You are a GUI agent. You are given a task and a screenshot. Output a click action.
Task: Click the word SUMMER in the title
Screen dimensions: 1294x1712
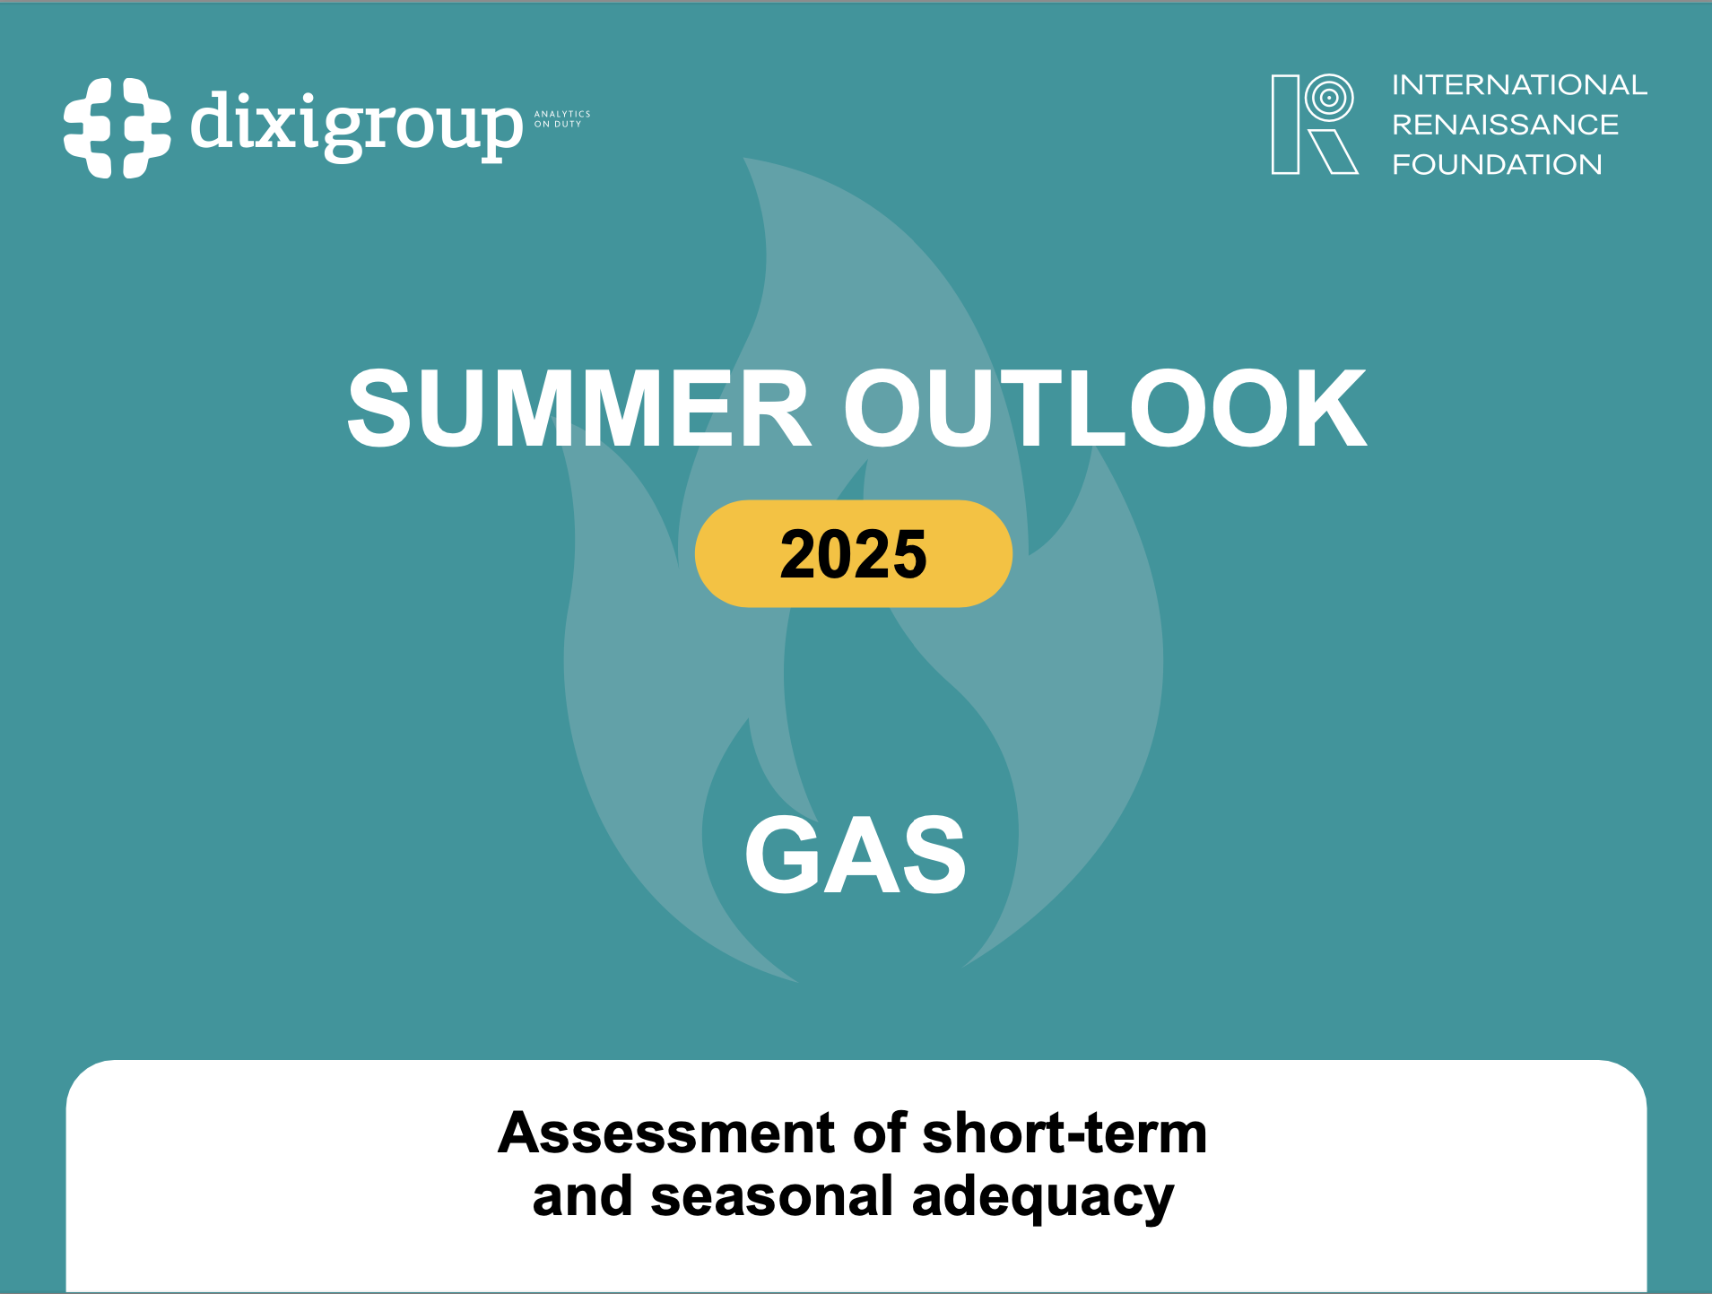coord(579,409)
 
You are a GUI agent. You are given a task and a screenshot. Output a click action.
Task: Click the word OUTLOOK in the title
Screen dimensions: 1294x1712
coord(1104,409)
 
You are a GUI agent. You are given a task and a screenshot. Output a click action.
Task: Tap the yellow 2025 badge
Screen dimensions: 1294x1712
coord(853,554)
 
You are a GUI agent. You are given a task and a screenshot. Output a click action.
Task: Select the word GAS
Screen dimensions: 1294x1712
coord(856,855)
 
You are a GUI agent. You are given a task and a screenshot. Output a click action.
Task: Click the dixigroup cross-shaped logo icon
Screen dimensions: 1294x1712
coord(117,127)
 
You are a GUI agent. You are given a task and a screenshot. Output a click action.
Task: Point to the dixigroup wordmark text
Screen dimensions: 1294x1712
coord(356,126)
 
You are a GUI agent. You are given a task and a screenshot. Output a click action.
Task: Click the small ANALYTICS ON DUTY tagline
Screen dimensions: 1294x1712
coord(561,119)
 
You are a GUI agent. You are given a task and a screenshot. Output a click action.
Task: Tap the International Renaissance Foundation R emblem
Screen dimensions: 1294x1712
coord(1314,124)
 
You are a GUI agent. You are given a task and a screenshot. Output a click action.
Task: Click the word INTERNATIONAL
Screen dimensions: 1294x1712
coord(1518,85)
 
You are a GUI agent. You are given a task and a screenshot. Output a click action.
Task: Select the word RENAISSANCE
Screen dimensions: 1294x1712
coord(1505,125)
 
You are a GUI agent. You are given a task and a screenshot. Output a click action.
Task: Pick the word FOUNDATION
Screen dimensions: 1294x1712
coord(1496,165)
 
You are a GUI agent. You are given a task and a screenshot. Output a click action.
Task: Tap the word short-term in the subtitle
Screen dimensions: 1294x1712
coord(1065,1133)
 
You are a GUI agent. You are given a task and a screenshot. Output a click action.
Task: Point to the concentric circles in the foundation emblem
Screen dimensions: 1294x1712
coord(1329,97)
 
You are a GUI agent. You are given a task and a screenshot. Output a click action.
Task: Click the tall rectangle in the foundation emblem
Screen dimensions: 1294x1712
coord(1285,125)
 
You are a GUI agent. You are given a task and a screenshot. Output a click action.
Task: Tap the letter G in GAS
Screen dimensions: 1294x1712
coord(780,855)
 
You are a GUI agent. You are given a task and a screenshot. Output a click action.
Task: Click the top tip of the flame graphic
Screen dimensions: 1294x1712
coord(749,163)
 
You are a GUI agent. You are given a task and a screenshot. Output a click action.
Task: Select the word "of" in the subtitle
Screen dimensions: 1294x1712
coord(879,1133)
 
